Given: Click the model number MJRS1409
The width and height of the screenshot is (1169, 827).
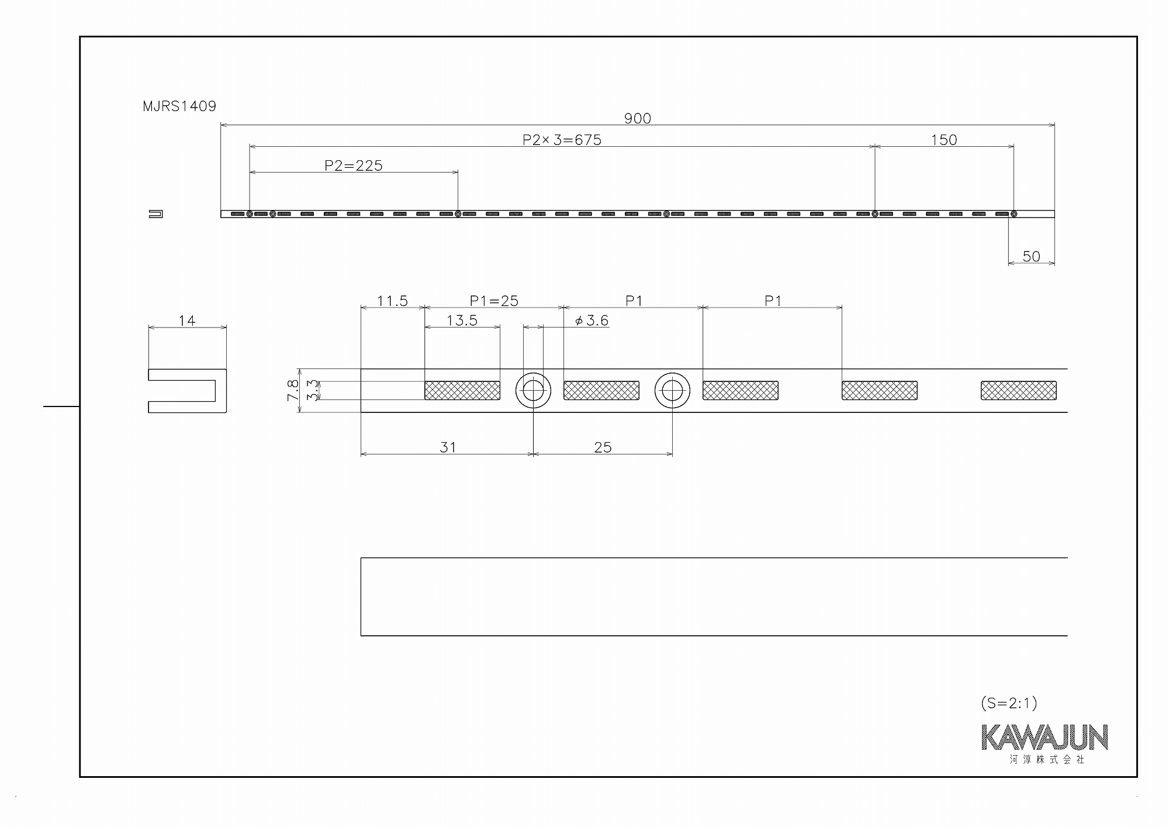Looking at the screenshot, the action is point(179,106).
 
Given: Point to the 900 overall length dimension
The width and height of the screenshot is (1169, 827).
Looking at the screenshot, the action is point(637,119).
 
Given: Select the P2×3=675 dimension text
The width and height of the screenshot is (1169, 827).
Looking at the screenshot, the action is point(562,140).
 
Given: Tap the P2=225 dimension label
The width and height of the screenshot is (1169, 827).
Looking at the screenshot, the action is point(354,166).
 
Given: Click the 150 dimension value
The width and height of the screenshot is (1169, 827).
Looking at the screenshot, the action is point(944,140).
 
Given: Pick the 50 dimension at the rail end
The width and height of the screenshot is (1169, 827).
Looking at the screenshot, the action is point(1032,256).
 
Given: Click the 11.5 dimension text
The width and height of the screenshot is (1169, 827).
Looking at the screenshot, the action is point(392,301).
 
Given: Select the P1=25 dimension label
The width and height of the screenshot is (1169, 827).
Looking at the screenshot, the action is point(494,301).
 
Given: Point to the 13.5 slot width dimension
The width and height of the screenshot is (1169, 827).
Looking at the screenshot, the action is point(462,321).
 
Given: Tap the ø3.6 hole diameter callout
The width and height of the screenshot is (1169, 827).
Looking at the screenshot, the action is point(592,321).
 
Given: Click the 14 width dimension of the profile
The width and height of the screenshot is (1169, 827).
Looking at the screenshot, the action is point(187,321).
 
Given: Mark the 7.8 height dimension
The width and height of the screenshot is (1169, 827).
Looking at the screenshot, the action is point(293,390).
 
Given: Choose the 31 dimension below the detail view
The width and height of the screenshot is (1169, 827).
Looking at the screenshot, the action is point(448,447).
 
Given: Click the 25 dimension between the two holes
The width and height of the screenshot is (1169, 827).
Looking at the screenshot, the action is point(603,447).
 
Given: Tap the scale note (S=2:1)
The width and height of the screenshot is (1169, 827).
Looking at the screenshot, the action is point(1009,703).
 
